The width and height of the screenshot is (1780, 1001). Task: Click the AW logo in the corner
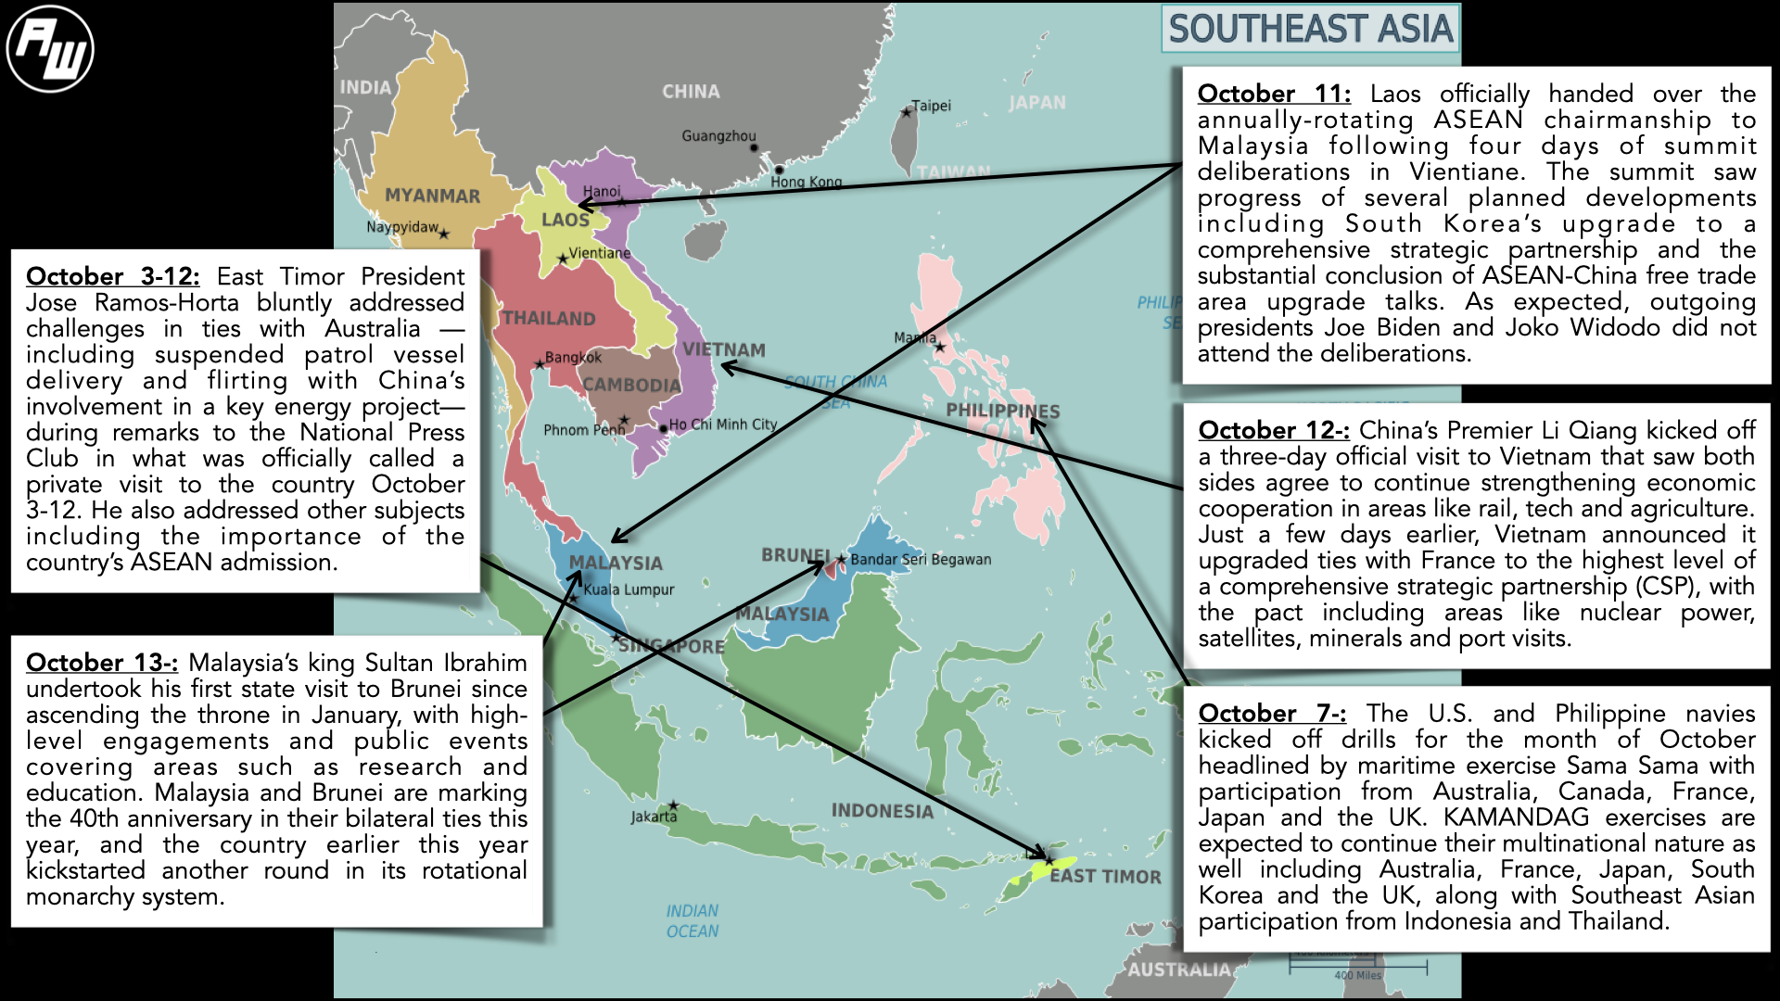pos(50,49)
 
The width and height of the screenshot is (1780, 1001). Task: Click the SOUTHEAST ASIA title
pos(1310,30)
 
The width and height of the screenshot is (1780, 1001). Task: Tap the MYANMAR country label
pos(432,196)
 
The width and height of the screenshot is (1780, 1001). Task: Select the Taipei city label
pos(931,106)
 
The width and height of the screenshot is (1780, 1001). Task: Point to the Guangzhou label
pos(718,136)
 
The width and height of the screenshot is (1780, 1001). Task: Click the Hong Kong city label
pos(806,182)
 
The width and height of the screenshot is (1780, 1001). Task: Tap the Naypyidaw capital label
pos(402,227)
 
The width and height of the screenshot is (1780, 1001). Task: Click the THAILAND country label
pos(549,319)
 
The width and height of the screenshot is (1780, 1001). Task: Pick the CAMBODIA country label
pos(631,386)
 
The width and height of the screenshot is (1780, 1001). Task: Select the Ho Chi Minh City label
pos(722,424)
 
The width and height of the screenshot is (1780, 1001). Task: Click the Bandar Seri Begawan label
pos(921,560)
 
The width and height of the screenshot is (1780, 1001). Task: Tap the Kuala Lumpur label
pos(629,589)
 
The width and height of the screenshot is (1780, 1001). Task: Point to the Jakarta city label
pos(654,817)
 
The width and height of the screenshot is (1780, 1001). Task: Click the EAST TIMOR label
pos(1105,877)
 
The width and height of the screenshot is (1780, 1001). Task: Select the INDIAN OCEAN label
pos(692,921)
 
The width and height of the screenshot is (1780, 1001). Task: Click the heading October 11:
pos(1274,95)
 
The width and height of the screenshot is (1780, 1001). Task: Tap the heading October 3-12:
pos(112,277)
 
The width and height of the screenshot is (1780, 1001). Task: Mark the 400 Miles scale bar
pos(1357,969)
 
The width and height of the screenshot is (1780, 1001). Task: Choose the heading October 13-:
pos(102,664)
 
